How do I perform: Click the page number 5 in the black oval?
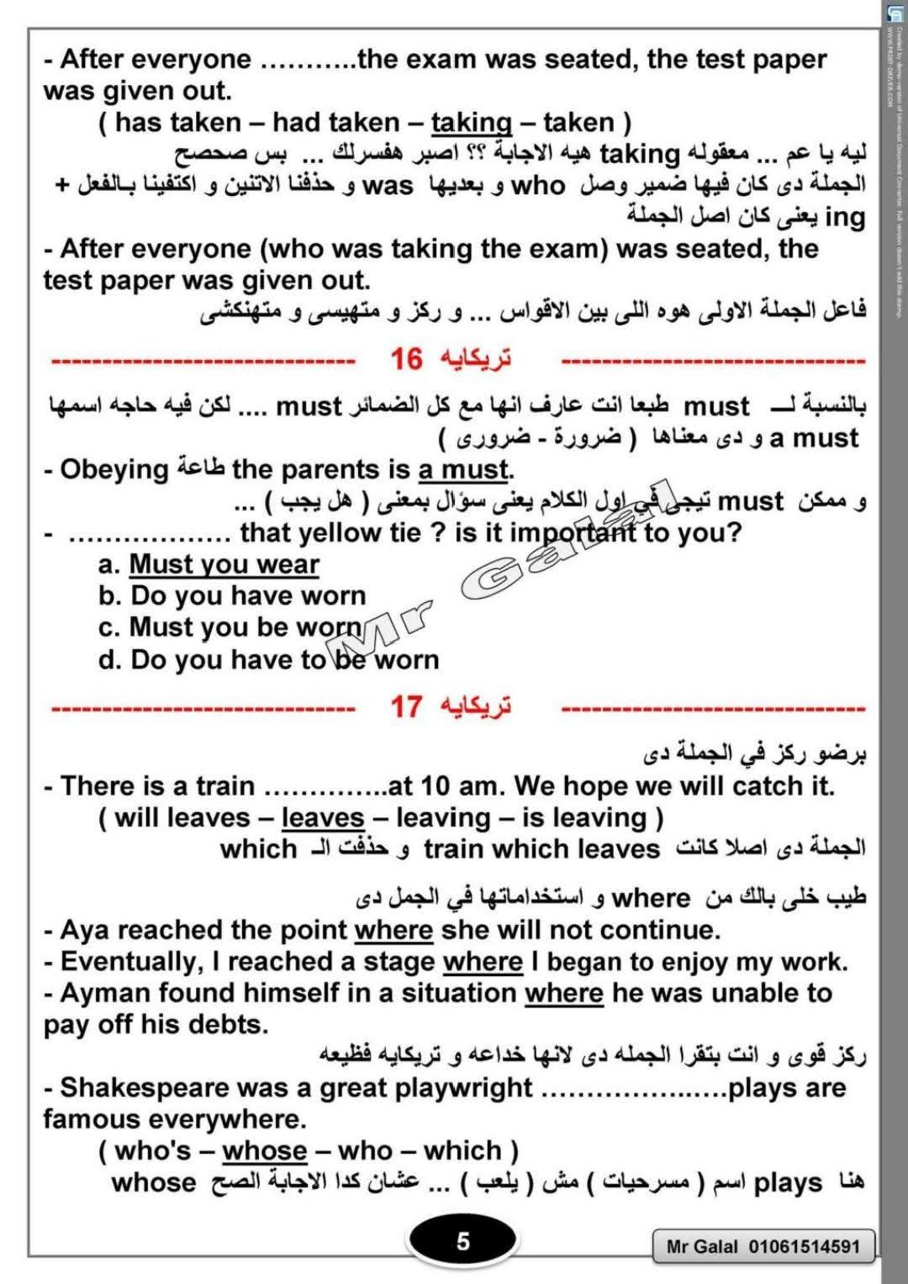coord(462,1241)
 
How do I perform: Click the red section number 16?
coord(406,360)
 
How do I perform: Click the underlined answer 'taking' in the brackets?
coord(471,123)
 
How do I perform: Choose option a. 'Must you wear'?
coord(224,564)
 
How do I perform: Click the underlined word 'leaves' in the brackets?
coord(322,817)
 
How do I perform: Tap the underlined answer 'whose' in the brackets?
coord(265,1150)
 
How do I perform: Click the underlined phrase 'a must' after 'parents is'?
coord(463,469)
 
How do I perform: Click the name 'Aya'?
coord(79,930)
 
